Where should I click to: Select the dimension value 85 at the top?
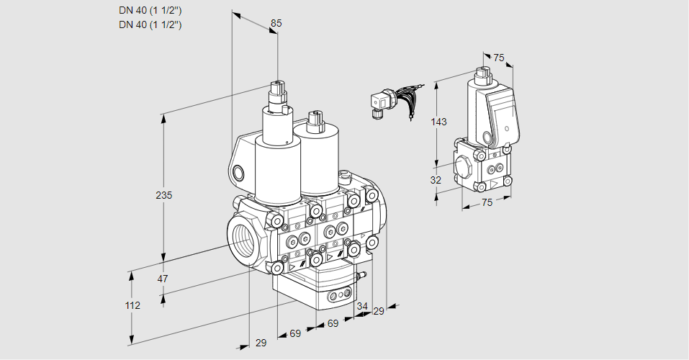tap(276, 23)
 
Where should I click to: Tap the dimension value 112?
tap(132, 305)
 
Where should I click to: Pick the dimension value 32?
tap(436, 180)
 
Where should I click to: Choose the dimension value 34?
tap(361, 307)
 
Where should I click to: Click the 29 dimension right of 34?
tap(378, 311)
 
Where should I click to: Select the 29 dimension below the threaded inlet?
tap(261, 343)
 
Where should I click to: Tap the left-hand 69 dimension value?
tap(295, 333)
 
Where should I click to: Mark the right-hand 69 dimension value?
tap(333, 324)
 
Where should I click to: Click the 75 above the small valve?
tap(499, 58)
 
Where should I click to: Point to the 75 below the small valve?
tap(487, 203)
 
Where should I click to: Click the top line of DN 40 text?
tap(150, 10)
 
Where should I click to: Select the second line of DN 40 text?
tap(150, 24)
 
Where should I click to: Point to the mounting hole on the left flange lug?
tap(239, 173)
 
